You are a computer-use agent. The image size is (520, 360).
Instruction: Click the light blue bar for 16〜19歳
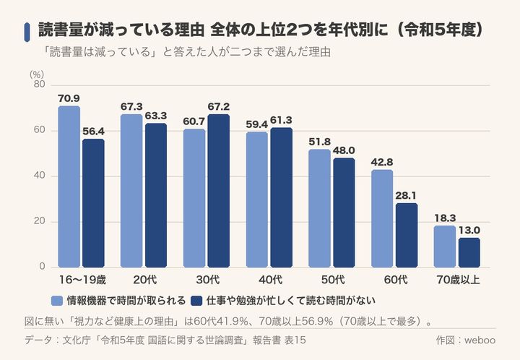[69, 187]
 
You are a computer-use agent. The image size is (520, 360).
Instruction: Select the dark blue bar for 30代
[219, 191]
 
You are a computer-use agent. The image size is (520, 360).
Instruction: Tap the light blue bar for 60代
[382, 218]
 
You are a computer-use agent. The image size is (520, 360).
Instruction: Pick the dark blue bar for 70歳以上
[469, 252]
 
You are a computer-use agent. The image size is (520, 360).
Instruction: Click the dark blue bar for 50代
[344, 213]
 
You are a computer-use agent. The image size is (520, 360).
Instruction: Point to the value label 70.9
[69, 98]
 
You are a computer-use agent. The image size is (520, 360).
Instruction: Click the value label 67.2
[219, 107]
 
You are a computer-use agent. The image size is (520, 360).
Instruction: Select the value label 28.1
[407, 196]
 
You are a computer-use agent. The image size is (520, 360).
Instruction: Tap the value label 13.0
[469, 231]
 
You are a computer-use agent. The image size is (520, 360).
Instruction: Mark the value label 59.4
[256, 124]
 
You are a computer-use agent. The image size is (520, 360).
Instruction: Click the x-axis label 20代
[145, 280]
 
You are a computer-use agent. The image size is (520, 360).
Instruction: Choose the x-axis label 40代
[270, 280]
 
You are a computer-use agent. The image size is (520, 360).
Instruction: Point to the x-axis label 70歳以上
[458, 280]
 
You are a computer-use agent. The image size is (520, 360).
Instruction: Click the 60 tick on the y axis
[40, 129]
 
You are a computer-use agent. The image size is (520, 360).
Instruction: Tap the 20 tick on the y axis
[40, 221]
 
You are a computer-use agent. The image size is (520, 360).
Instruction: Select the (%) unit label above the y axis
[37, 74]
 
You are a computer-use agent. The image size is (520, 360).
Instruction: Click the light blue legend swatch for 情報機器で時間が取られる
[57, 301]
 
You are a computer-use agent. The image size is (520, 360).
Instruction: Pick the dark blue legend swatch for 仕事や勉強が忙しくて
[196, 301]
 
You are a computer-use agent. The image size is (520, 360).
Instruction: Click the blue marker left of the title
[27, 33]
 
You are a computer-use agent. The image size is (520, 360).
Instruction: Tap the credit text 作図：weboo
[466, 340]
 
